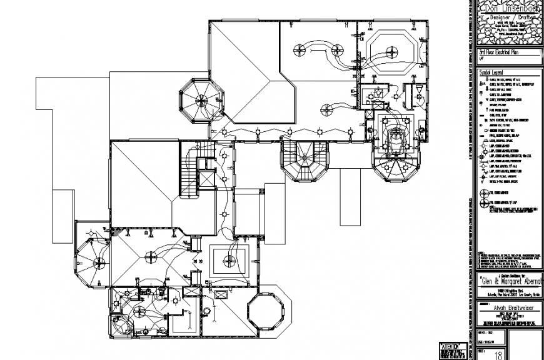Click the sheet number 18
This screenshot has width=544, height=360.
[x=498, y=354]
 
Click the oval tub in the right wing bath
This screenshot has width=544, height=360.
[x=395, y=134]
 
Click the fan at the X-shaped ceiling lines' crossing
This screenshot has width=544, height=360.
[x=150, y=255]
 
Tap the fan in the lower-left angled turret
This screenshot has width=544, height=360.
[x=98, y=261]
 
